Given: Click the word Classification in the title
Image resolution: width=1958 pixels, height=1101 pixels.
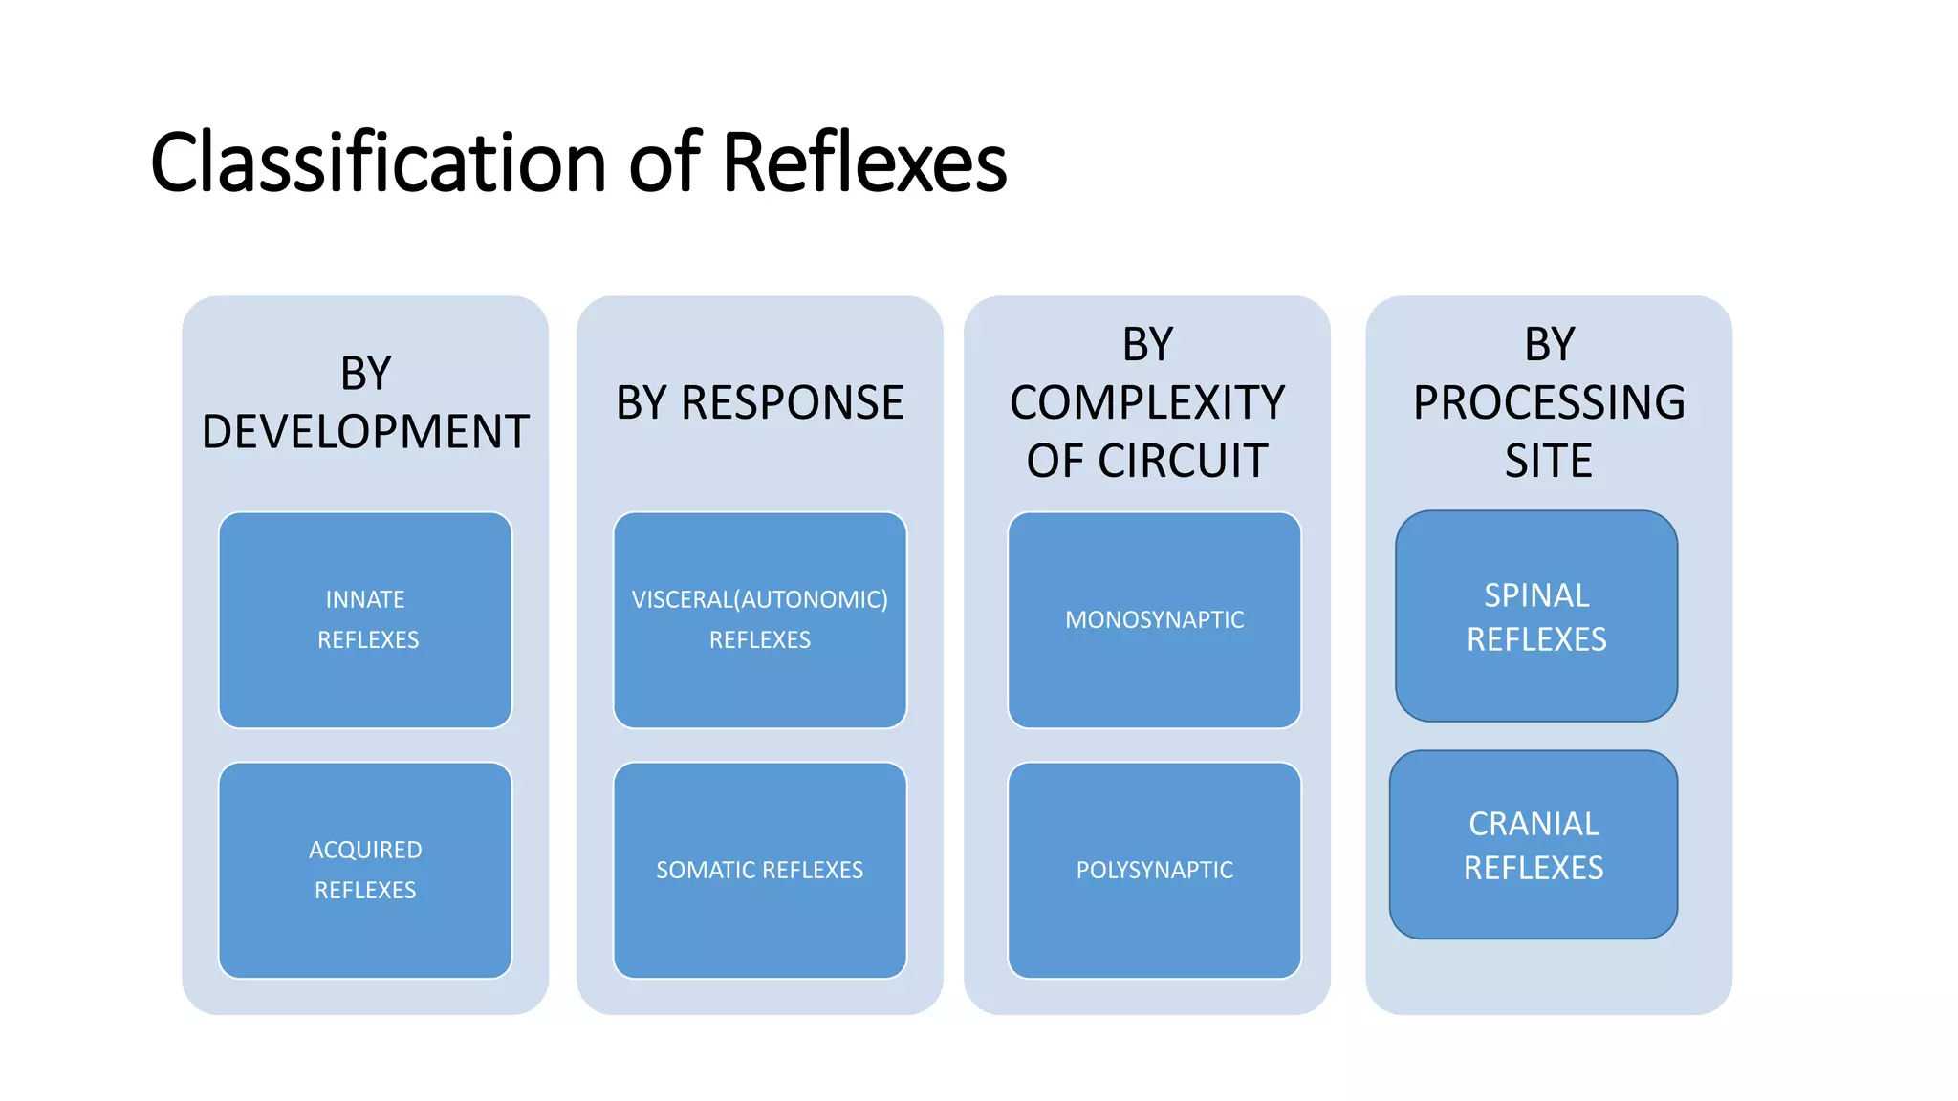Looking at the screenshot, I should point(379,162).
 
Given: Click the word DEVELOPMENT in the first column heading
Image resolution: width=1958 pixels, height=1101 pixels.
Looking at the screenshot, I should point(365,432).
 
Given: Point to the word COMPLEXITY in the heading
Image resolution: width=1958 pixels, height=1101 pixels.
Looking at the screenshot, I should point(1147,402).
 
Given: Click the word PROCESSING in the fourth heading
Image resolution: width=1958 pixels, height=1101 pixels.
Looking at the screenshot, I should point(1549,402).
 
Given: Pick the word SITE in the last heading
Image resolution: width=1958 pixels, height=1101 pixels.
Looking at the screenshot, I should point(1549,461).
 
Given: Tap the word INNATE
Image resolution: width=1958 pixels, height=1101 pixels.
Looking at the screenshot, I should point(365,599).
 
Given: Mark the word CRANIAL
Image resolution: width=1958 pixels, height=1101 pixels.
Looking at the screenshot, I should point(1534,824).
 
